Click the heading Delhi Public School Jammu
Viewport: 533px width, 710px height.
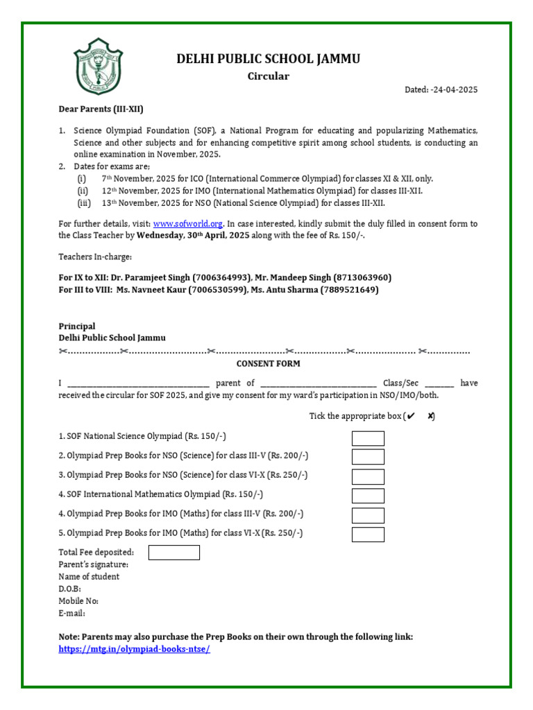tap(268, 58)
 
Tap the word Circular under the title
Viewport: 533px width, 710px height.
tap(268, 76)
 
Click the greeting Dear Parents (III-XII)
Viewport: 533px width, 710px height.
tap(101, 109)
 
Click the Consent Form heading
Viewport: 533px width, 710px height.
tap(268, 363)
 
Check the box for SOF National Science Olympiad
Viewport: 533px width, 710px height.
tap(367, 438)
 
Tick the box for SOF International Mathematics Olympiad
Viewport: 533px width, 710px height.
tap(367, 496)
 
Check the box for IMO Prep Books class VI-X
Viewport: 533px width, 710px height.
tap(367, 535)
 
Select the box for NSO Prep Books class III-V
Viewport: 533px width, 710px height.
tap(367, 457)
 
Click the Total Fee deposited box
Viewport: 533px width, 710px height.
tap(174, 553)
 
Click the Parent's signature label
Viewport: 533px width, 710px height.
tap(93, 564)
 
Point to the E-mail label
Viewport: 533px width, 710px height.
tap(72, 614)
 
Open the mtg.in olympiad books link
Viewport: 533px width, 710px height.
tap(134, 649)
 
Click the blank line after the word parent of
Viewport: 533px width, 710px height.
tap(319, 383)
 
